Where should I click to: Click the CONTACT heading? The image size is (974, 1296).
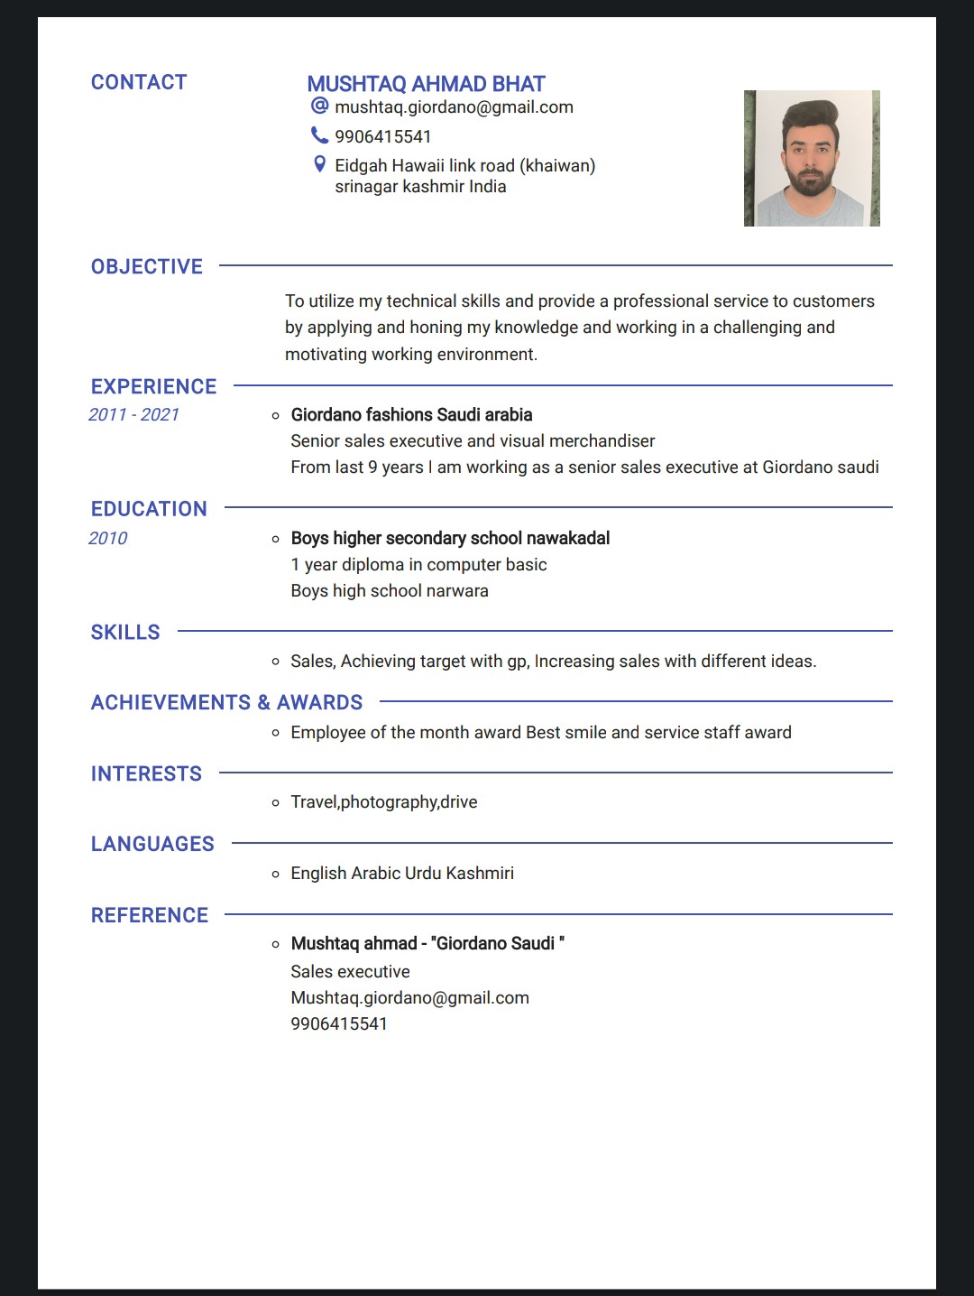(x=139, y=82)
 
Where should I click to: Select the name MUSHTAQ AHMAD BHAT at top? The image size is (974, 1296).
(x=426, y=84)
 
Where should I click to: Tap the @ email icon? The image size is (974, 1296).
(x=319, y=106)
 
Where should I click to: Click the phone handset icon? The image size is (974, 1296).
(x=319, y=135)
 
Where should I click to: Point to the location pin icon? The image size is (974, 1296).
(x=319, y=164)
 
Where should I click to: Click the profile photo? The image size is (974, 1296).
(x=812, y=158)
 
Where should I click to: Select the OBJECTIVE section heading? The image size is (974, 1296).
(x=147, y=266)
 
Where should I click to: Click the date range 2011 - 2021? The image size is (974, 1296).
(x=133, y=414)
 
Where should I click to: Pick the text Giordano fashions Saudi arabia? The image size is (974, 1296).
(x=411, y=414)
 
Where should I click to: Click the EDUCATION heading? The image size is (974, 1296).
(x=149, y=509)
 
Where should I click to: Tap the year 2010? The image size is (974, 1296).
(x=108, y=538)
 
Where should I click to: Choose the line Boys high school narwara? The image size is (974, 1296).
(x=390, y=590)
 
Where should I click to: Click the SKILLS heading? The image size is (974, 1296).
(x=125, y=632)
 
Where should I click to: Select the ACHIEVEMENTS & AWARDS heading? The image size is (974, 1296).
(x=226, y=702)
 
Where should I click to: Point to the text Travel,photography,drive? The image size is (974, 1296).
(x=384, y=801)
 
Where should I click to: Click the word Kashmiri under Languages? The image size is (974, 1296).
(x=480, y=873)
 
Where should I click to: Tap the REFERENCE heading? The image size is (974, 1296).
(x=150, y=915)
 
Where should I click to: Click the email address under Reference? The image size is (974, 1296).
(x=409, y=997)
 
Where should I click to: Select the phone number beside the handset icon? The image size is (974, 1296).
(x=383, y=136)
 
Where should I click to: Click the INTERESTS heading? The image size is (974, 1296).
(x=146, y=773)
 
